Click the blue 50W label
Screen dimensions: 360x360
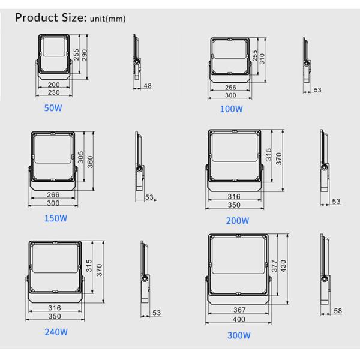53,108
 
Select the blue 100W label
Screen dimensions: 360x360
231,109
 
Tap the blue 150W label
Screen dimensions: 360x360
56,218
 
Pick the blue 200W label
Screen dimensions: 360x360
238,221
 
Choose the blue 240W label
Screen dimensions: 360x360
56,332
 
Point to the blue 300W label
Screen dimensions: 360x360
239,335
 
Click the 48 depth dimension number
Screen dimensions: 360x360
148,86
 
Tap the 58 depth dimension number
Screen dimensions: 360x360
338,311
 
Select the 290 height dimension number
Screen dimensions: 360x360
84,55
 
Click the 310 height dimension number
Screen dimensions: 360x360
262,59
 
